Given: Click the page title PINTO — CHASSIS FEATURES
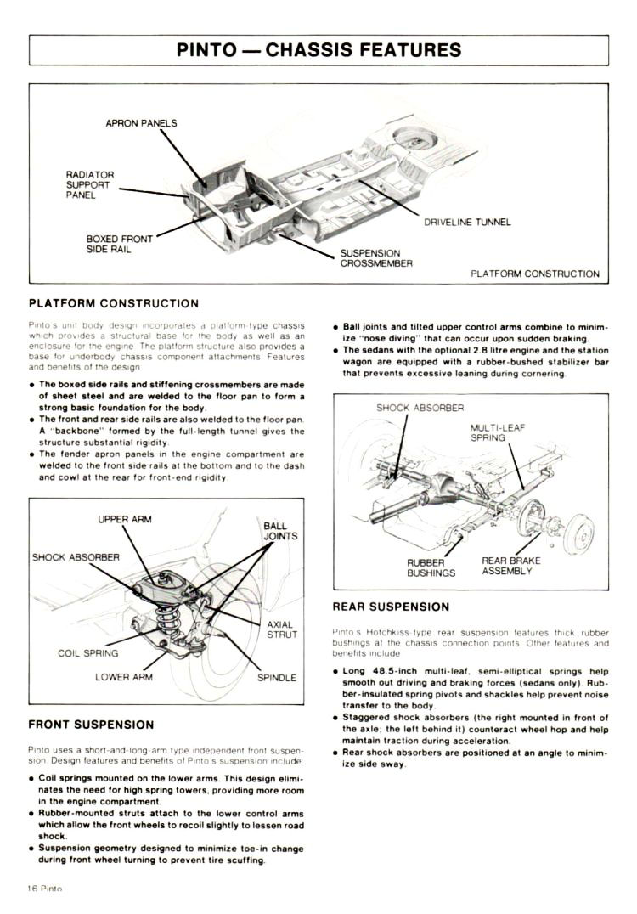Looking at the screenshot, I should pos(318,49).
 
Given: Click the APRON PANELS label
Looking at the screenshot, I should pos(141,123).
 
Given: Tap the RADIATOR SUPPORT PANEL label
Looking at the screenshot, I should pos(89,184).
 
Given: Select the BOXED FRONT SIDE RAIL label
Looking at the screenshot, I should pos(120,244).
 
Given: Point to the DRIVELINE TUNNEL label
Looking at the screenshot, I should pos(467,223).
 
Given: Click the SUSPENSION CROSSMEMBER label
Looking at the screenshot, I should pos(376,258).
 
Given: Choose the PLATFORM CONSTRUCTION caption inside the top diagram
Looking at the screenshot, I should pos(535,274).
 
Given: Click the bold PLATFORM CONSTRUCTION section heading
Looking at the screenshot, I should pos(114,303).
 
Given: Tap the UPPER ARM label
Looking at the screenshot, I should pos(125,519).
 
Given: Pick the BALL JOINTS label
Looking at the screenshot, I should pos(280,531).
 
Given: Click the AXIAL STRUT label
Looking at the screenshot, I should pos(282,629).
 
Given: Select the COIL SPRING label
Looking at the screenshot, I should pos(88,653).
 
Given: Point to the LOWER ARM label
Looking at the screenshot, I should pos(124,677).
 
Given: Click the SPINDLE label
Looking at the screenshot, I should pos(277,677).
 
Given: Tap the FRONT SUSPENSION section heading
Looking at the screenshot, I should pos(92,725).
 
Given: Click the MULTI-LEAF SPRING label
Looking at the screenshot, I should pos(498,432).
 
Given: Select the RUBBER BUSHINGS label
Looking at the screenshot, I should pos(431,567).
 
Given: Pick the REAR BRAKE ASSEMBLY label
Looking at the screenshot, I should pos(510,566).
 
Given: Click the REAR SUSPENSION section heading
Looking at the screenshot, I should pos(391,607).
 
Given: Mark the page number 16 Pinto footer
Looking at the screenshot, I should pos(46,888).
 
